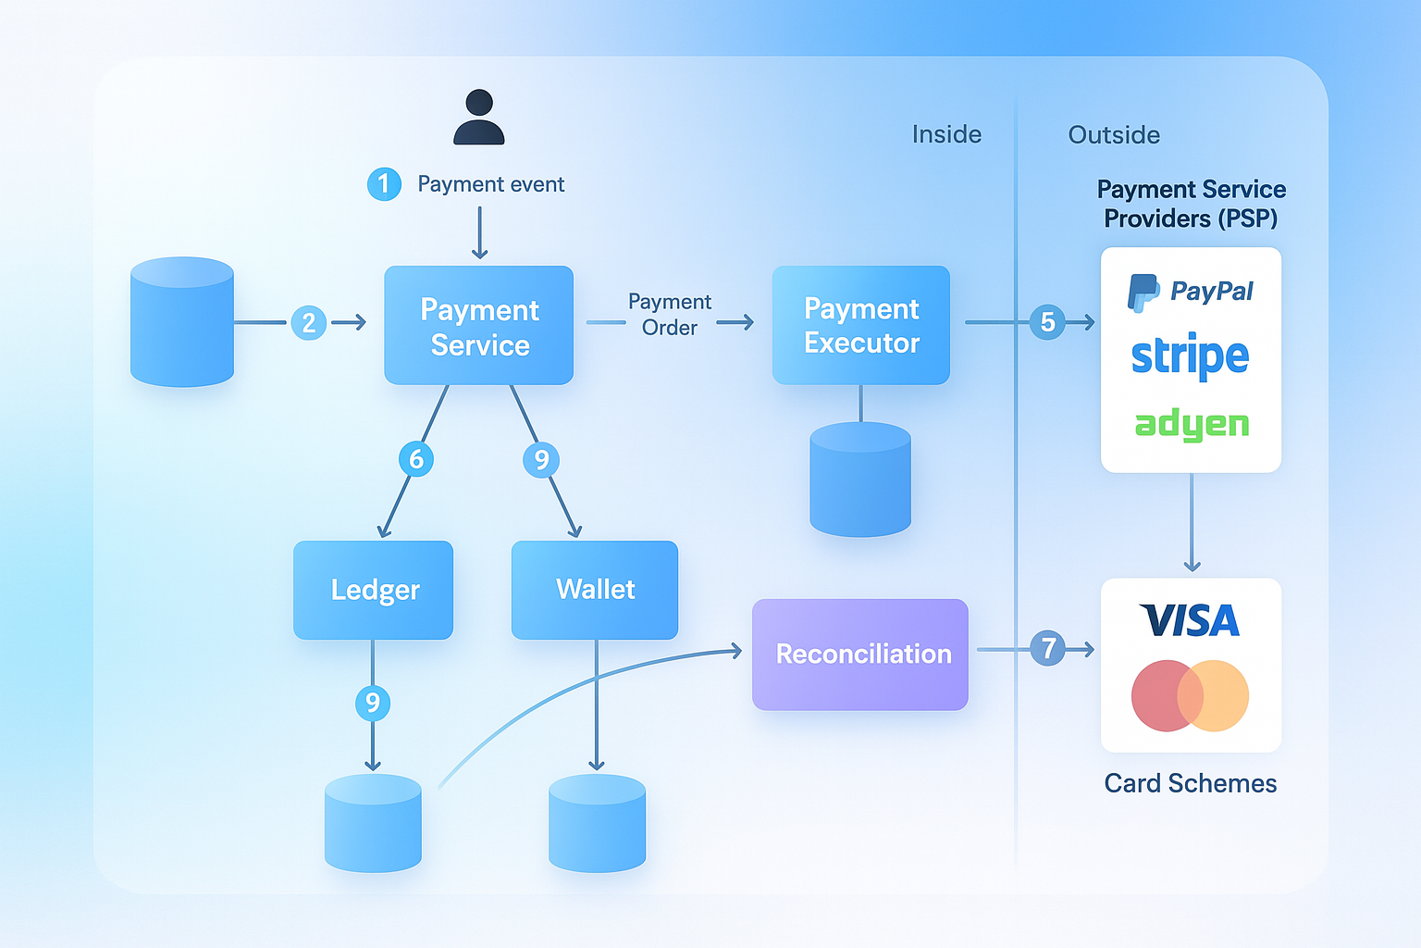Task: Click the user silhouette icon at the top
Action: tap(479, 117)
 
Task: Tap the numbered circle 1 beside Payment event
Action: tap(384, 184)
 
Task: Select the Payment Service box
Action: tap(479, 325)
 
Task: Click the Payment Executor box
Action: tap(861, 325)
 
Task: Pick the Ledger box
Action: tap(373, 590)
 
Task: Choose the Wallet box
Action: tap(595, 590)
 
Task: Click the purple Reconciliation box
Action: tap(860, 655)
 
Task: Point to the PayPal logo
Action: tap(1190, 292)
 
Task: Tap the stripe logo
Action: tap(1190, 355)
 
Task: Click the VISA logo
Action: tap(1190, 620)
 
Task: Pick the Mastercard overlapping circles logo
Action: tap(1190, 696)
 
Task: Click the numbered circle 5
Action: tap(1047, 322)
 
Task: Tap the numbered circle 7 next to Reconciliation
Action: tap(1047, 648)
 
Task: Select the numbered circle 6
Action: tap(416, 459)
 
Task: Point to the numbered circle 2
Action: tap(309, 322)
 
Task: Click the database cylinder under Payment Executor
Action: tap(861, 480)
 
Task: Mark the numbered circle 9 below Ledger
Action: tap(373, 703)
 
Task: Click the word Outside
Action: tap(1114, 135)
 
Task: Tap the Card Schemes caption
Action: tap(1190, 783)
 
